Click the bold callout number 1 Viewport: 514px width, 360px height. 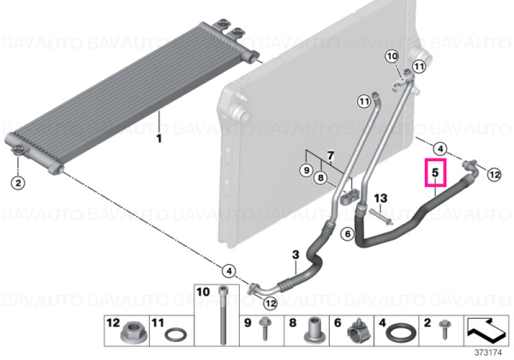click(x=159, y=138)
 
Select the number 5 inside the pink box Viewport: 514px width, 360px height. click(x=435, y=172)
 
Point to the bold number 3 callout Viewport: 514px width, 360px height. click(x=296, y=255)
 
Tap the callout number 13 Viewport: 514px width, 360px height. click(x=380, y=198)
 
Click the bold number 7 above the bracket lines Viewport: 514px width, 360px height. click(x=331, y=155)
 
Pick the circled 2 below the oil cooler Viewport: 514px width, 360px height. click(x=18, y=183)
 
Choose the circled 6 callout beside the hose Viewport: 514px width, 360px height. click(x=348, y=234)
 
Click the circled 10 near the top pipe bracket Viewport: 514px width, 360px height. click(x=392, y=57)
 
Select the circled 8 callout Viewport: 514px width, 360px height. click(x=320, y=177)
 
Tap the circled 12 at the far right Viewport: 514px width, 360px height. click(x=494, y=174)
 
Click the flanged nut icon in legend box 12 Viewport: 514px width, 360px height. click(x=130, y=333)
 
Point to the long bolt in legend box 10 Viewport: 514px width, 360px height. click(x=223, y=315)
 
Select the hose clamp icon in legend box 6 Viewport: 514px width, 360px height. click(x=359, y=332)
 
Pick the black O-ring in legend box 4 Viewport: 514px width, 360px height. click(x=402, y=333)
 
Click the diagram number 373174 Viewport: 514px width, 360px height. click(x=488, y=353)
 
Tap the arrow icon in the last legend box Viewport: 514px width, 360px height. click(x=486, y=329)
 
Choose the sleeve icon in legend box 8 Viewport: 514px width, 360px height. click(x=314, y=332)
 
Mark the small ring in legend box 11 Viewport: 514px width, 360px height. click(x=176, y=335)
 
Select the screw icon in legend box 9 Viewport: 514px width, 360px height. click(x=264, y=329)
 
